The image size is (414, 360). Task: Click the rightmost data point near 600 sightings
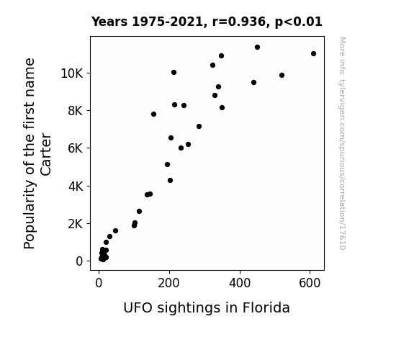(313, 53)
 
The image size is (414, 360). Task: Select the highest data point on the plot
(257, 47)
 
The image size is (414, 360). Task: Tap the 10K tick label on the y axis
(72, 73)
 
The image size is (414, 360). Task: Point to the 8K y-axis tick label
(76, 111)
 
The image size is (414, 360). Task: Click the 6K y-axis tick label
(76, 148)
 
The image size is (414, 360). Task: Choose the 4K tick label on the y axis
(76, 186)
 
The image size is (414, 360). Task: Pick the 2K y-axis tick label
(76, 224)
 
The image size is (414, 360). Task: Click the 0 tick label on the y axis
(79, 261)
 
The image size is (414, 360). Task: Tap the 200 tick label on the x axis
(168, 283)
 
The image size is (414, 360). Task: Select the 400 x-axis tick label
(240, 283)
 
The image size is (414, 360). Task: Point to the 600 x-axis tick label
(310, 283)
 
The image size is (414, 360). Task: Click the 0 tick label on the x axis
(99, 283)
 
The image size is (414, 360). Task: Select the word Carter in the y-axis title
(45, 154)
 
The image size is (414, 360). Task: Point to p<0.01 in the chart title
(299, 22)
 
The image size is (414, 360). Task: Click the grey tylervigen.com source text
(342, 143)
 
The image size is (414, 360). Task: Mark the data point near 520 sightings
(282, 76)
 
